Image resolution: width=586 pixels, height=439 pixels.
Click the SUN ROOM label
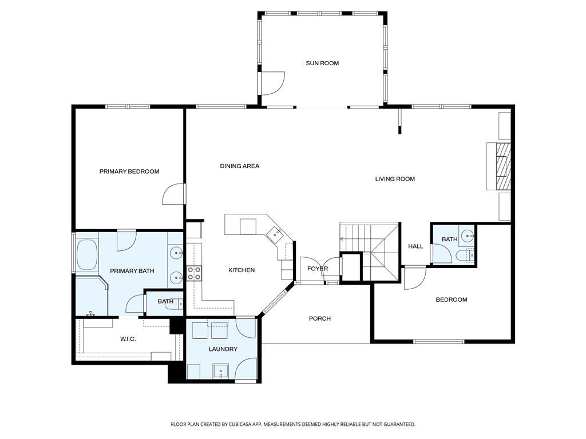(322, 63)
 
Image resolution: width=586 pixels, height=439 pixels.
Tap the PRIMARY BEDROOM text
(129, 171)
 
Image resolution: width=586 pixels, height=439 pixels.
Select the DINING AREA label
(240, 166)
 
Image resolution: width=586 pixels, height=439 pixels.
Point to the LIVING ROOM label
(395, 179)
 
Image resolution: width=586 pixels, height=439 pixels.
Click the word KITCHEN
(241, 270)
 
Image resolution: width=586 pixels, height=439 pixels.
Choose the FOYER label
(318, 269)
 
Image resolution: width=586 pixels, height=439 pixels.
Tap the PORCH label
(320, 318)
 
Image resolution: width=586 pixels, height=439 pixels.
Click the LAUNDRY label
(223, 349)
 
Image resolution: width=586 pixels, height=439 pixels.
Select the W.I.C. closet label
(128, 339)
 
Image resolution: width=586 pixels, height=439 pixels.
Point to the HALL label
(416, 246)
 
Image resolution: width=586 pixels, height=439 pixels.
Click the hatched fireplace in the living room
(502, 166)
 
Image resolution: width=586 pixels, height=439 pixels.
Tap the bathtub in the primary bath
(86, 256)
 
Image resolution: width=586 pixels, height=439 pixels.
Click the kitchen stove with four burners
(194, 274)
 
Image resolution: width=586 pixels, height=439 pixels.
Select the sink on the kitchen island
(274, 232)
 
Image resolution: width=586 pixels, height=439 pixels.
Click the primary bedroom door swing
(173, 194)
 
